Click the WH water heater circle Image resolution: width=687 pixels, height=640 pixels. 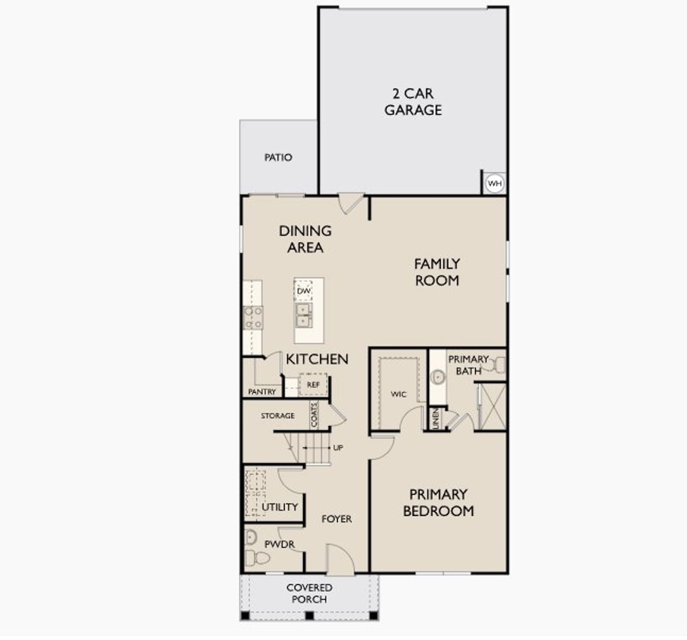pyautogui.click(x=494, y=184)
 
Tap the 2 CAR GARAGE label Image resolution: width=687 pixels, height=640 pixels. pyautogui.click(x=413, y=102)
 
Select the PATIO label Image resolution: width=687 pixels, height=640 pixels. pyautogui.click(x=278, y=158)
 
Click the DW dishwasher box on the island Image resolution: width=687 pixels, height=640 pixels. pyautogui.click(x=304, y=291)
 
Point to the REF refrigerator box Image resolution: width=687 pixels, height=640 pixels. pyautogui.click(x=313, y=385)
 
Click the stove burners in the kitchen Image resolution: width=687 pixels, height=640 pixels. pyautogui.click(x=253, y=317)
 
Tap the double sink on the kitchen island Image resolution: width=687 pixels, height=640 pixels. pyautogui.click(x=303, y=315)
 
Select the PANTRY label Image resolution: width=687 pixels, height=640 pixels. pyautogui.click(x=262, y=392)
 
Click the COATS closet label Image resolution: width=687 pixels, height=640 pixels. pyautogui.click(x=315, y=415)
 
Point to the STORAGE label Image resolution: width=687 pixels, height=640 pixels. pyautogui.click(x=277, y=416)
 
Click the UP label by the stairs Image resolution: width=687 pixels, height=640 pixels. pyautogui.click(x=338, y=447)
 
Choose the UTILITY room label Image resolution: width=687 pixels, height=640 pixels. pyautogui.click(x=280, y=507)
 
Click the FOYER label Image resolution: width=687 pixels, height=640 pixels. pyautogui.click(x=337, y=519)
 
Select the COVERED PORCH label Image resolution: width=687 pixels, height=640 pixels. pyautogui.click(x=309, y=593)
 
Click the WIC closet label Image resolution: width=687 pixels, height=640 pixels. pyautogui.click(x=398, y=394)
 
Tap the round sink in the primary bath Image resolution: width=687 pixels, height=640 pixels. pyautogui.click(x=438, y=377)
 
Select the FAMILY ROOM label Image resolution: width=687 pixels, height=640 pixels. pyautogui.click(x=437, y=272)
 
